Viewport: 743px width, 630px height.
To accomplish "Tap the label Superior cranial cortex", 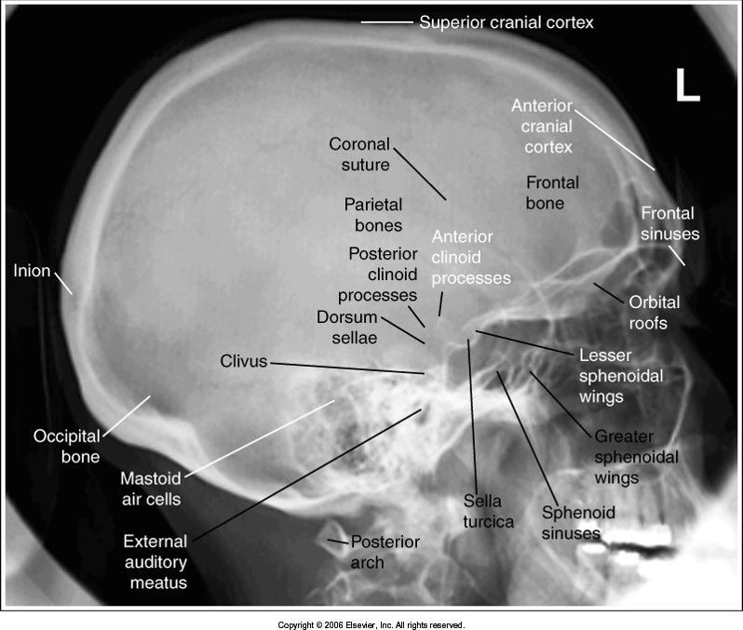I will pos(506,21).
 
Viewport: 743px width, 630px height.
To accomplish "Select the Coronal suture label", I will pos(359,154).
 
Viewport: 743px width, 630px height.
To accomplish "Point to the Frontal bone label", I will pos(552,192).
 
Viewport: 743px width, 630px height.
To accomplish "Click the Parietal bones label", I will pos(372,213).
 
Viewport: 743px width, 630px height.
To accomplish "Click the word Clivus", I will pos(244,360).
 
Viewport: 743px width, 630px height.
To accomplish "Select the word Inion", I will pos(33,272).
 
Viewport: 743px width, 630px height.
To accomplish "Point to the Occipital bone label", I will pos(66,446).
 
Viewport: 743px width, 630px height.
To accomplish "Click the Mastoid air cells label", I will pos(150,489).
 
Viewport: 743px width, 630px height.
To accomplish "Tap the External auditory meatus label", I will pos(155,562).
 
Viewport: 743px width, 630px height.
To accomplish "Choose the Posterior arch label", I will pos(384,552).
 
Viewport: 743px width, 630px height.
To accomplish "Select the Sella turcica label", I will pos(489,512).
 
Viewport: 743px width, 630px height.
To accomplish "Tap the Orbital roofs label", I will pos(655,313).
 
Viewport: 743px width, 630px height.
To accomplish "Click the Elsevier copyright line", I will pos(371,624).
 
